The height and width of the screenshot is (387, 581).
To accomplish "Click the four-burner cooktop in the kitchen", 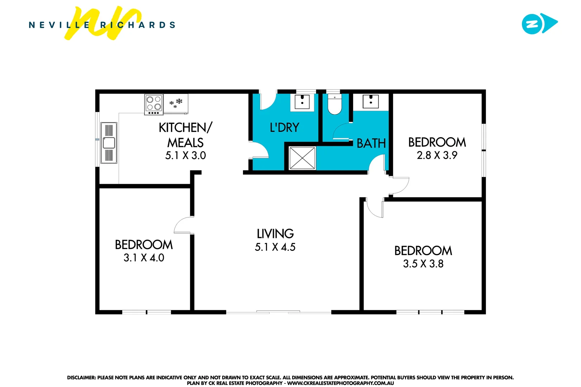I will click(x=154, y=104).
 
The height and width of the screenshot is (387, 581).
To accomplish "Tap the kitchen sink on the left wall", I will click(x=109, y=143).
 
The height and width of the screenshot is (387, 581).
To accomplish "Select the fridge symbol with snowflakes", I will click(x=176, y=103).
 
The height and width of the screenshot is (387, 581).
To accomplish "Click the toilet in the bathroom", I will click(x=335, y=105).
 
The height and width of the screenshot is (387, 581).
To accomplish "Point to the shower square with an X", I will click(x=302, y=158).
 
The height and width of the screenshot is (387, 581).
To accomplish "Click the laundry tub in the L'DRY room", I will click(x=302, y=102).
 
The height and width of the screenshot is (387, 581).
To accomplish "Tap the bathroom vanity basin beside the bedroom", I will click(x=371, y=101).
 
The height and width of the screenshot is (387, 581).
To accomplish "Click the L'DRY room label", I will click(x=284, y=128).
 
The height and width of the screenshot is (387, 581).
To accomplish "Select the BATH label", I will click(x=371, y=143).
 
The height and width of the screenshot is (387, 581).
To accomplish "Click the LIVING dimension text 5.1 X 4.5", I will click(x=275, y=247).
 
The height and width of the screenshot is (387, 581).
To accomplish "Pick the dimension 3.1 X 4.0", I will click(x=144, y=258).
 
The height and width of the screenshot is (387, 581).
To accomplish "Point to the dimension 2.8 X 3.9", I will click(x=437, y=155).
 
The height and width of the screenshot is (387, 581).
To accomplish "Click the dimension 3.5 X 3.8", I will click(x=423, y=264).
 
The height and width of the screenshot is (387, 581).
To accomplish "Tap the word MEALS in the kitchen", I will click(x=185, y=143).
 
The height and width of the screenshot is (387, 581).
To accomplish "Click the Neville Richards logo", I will click(x=102, y=24).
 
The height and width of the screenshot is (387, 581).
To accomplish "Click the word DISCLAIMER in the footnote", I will click(x=81, y=377).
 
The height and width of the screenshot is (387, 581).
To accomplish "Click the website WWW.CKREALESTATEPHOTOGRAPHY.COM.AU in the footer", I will click(x=340, y=383).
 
